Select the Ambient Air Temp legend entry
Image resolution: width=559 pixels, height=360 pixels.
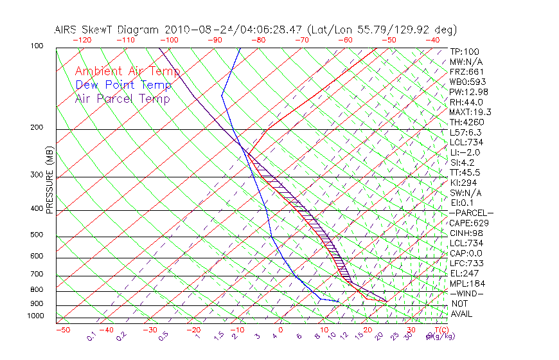click(127, 71)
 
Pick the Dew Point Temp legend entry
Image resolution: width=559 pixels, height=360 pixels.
click(123, 85)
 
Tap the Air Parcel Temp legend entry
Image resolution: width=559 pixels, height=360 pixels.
click(122, 98)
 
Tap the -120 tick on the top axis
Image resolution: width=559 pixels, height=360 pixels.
click(82, 40)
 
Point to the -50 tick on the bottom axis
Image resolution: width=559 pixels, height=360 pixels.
click(62, 330)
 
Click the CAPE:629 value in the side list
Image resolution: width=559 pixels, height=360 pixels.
click(468, 223)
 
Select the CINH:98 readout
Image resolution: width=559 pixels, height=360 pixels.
click(466, 233)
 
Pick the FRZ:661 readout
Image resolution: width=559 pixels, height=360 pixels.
click(467, 71)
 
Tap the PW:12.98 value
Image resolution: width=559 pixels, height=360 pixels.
click(468, 92)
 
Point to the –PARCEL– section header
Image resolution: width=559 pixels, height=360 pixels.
click(471, 213)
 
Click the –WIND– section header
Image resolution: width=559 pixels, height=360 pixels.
click(467, 294)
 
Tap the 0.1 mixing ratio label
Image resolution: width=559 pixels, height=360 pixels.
click(92, 336)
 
